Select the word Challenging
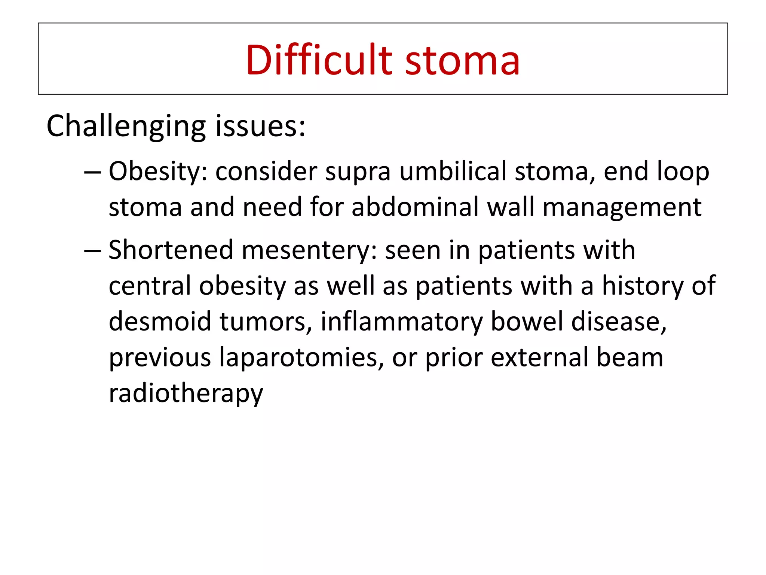tap(126, 127)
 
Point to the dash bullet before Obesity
tap(92, 172)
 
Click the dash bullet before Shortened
tap(92, 250)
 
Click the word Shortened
tap(171, 250)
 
